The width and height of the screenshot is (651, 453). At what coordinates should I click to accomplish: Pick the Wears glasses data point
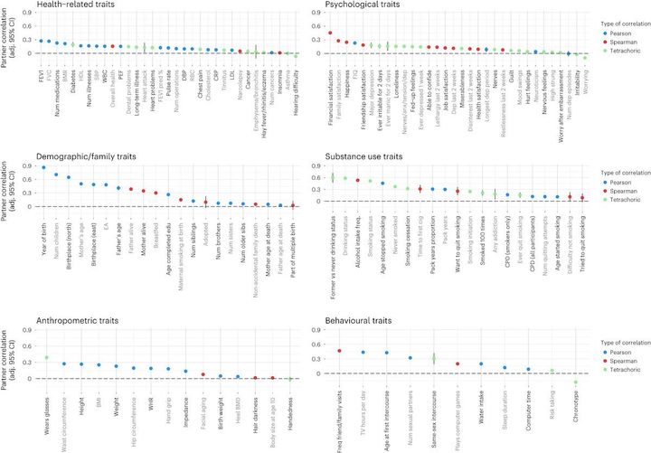[x=46, y=358]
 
